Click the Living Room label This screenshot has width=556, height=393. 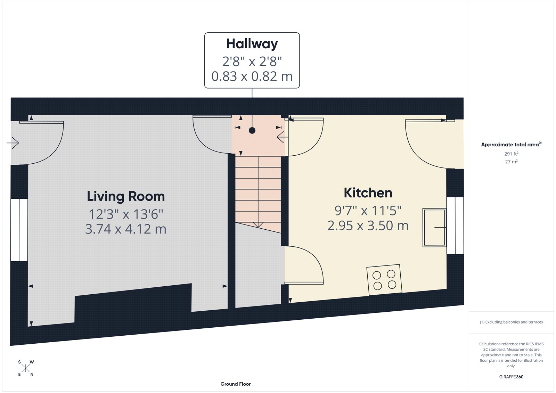tap(126, 196)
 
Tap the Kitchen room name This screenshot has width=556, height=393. tap(368, 193)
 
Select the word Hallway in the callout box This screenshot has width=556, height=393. tap(252, 44)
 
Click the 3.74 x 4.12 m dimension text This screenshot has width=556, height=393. tap(126, 229)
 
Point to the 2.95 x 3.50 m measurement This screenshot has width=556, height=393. tap(368, 226)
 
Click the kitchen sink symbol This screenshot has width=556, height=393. tap(434, 228)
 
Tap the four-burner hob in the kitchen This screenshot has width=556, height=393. tap(384, 280)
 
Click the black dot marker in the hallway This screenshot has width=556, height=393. tap(252, 131)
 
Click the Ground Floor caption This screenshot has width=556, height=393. tap(235, 384)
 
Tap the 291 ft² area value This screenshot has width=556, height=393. tap(511, 154)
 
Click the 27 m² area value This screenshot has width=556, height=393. tap(511, 162)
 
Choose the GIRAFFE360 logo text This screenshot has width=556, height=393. tap(511, 377)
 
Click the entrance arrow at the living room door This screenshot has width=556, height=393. tap(13, 143)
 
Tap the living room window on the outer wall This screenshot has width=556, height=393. tap(19, 230)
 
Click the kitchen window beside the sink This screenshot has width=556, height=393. tap(455, 226)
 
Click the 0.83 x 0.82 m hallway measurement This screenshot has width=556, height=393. tap(252, 76)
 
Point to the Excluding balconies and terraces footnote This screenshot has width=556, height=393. tap(511, 322)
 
